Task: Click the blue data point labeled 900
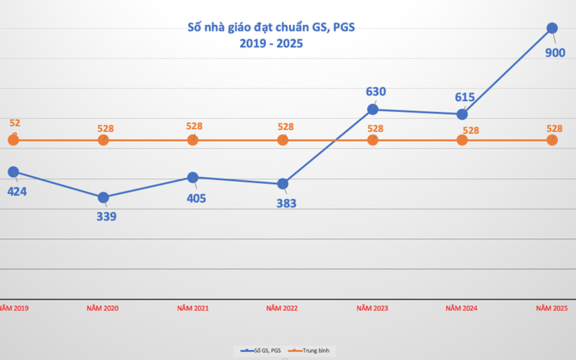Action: click(552, 28)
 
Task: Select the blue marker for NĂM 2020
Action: click(103, 197)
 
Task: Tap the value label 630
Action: click(376, 92)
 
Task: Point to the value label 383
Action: click(286, 203)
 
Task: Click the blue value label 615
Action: click(466, 98)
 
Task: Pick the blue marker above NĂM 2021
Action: click(193, 178)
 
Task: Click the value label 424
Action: click(17, 190)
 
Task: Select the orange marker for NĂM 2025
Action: click(552, 140)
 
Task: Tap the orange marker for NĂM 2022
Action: click(283, 140)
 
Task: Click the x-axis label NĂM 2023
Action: click(373, 309)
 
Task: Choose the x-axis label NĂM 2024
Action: click(462, 309)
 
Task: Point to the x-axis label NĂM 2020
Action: click(103, 309)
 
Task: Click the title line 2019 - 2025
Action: click(271, 45)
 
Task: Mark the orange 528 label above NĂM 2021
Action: click(194, 126)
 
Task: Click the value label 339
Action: click(106, 216)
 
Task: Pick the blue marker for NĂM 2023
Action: click(373, 109)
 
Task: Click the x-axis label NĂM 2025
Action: click(552, 309)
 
